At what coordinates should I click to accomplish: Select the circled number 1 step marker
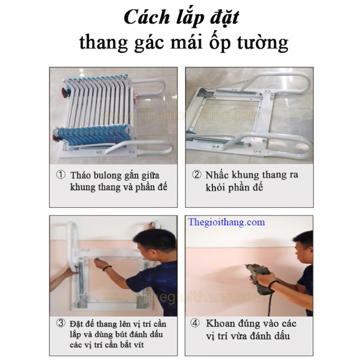pyautogui.click(x=61, y=175)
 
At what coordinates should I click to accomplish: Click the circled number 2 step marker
pyautogui.click(x=197, y=174)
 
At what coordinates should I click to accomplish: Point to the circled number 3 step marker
pyautogui.click(x=61, y=323)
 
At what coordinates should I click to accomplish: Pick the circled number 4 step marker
pyautogui.click(x=195, y=323)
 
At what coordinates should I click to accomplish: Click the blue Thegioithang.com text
pyautogui.click(x=227, y=222)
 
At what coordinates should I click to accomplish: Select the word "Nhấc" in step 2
pyautogui.click(x=217, y=175)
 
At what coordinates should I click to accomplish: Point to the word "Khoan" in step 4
pyautogui.click(x=220, y=324)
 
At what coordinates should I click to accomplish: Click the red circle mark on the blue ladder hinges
pyautogui.click(x=115, y=138)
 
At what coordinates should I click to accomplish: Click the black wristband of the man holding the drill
pyautogui.click(x=274, y=285)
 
